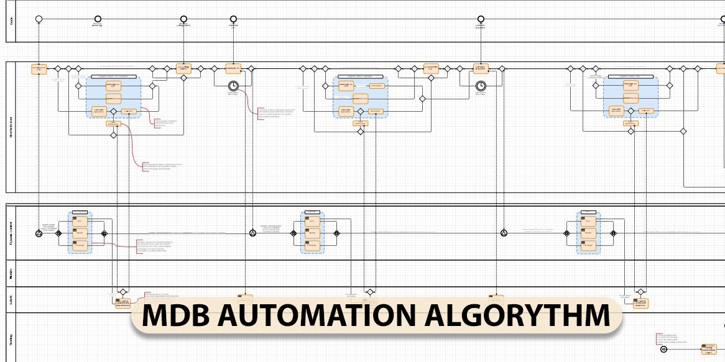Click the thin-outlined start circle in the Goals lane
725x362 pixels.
39,19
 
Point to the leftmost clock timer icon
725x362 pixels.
233,86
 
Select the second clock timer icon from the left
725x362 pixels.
480,86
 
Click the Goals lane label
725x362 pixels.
11,20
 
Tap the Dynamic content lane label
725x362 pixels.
11,232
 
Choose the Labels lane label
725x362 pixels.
11,299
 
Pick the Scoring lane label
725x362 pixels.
11,339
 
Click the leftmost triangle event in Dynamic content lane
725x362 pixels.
39,233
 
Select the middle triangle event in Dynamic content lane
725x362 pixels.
253,233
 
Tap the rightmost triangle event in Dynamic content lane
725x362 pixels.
504,233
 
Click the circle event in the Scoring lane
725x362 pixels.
663,349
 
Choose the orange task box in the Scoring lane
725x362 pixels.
708,349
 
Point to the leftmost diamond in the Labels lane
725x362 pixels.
123,292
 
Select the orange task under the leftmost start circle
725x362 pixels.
39,69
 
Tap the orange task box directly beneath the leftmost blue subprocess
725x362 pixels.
113,124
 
